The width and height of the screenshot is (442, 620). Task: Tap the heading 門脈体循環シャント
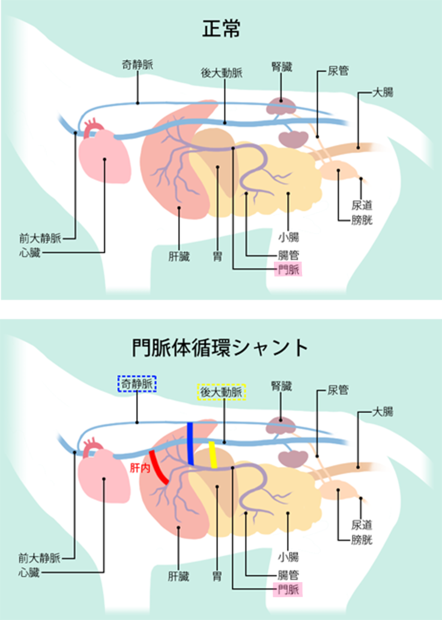click(x=220, y=347)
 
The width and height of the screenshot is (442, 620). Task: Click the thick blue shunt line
click(x=190, y=443)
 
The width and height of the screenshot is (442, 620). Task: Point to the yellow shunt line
click(x=213, y=454)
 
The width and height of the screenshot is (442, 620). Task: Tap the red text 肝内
click(x=139, y=466)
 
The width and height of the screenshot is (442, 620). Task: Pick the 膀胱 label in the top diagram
click(x=362, y=219)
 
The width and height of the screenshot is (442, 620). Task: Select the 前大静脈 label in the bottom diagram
click(x=40, y=558)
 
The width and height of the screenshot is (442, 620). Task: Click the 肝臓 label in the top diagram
click(x=179, y=257)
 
